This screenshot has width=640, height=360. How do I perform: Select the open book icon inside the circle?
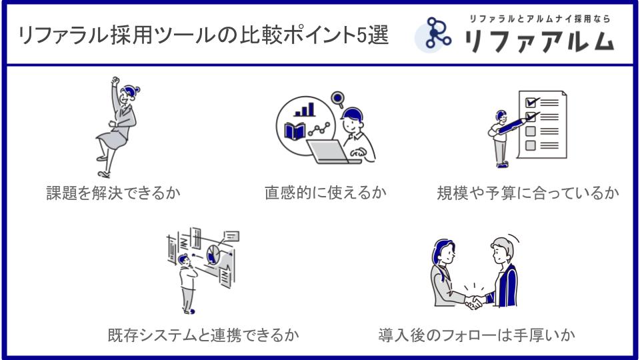tap(295, 131)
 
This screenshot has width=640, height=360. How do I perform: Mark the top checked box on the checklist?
tap(531, 103)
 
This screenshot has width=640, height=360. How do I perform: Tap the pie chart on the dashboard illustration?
tap(213, 254)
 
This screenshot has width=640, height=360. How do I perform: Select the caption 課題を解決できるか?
tap(113, 193)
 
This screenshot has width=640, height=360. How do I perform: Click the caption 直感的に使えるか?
tap(325, 193)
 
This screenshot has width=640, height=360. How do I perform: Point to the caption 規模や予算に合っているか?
tap(527, 193)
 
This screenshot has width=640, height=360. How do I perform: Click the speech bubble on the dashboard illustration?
tap(231, 235)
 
